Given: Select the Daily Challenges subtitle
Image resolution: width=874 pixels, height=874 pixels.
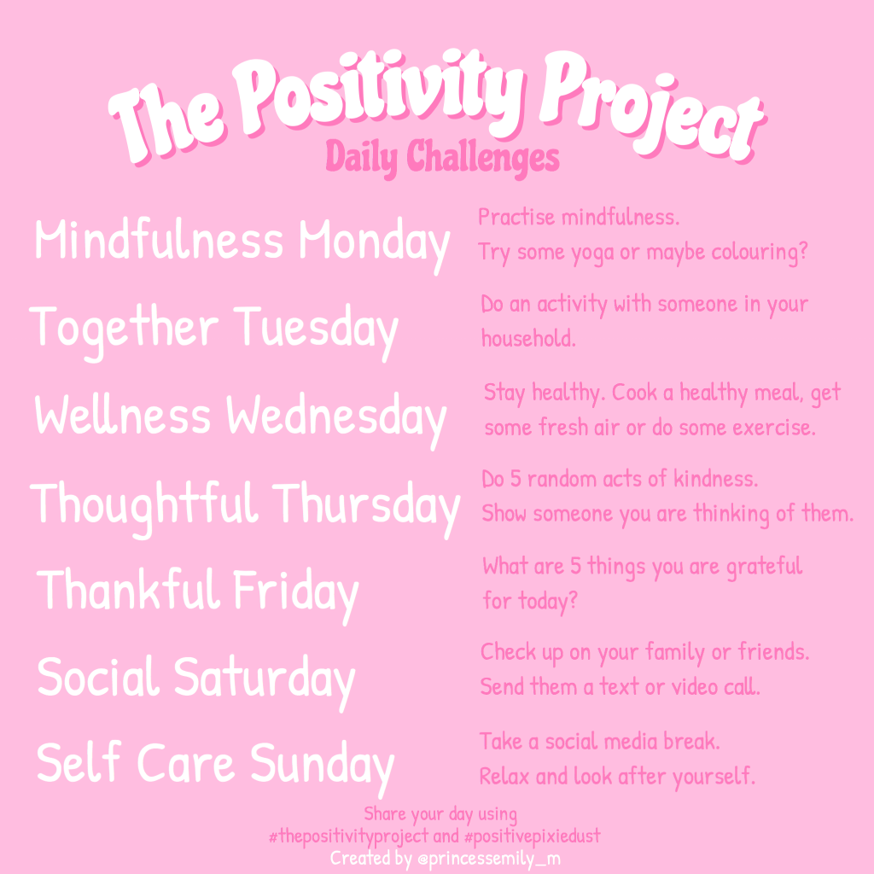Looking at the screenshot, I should pyautogui.click(x=442, y=157).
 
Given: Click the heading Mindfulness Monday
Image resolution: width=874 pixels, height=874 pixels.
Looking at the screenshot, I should pyautogui.click(x=242, y=241).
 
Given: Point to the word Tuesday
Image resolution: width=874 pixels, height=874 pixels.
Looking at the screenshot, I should pyautogui.click(x=317, y=329).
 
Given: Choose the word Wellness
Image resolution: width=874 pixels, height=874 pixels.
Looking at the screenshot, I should pyautogui.click(x=122, y=417).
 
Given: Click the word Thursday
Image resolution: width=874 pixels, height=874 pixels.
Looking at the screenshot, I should pyautogui.click(x=367, y=504).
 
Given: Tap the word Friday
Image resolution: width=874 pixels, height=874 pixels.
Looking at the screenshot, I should pyautogui.click(x=294, y=591).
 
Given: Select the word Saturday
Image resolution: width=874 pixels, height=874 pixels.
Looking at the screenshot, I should pyautogui.click(x=264, y=679).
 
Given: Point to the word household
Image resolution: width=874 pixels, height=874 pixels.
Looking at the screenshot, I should pyautogui.click(x=528, y=338).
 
